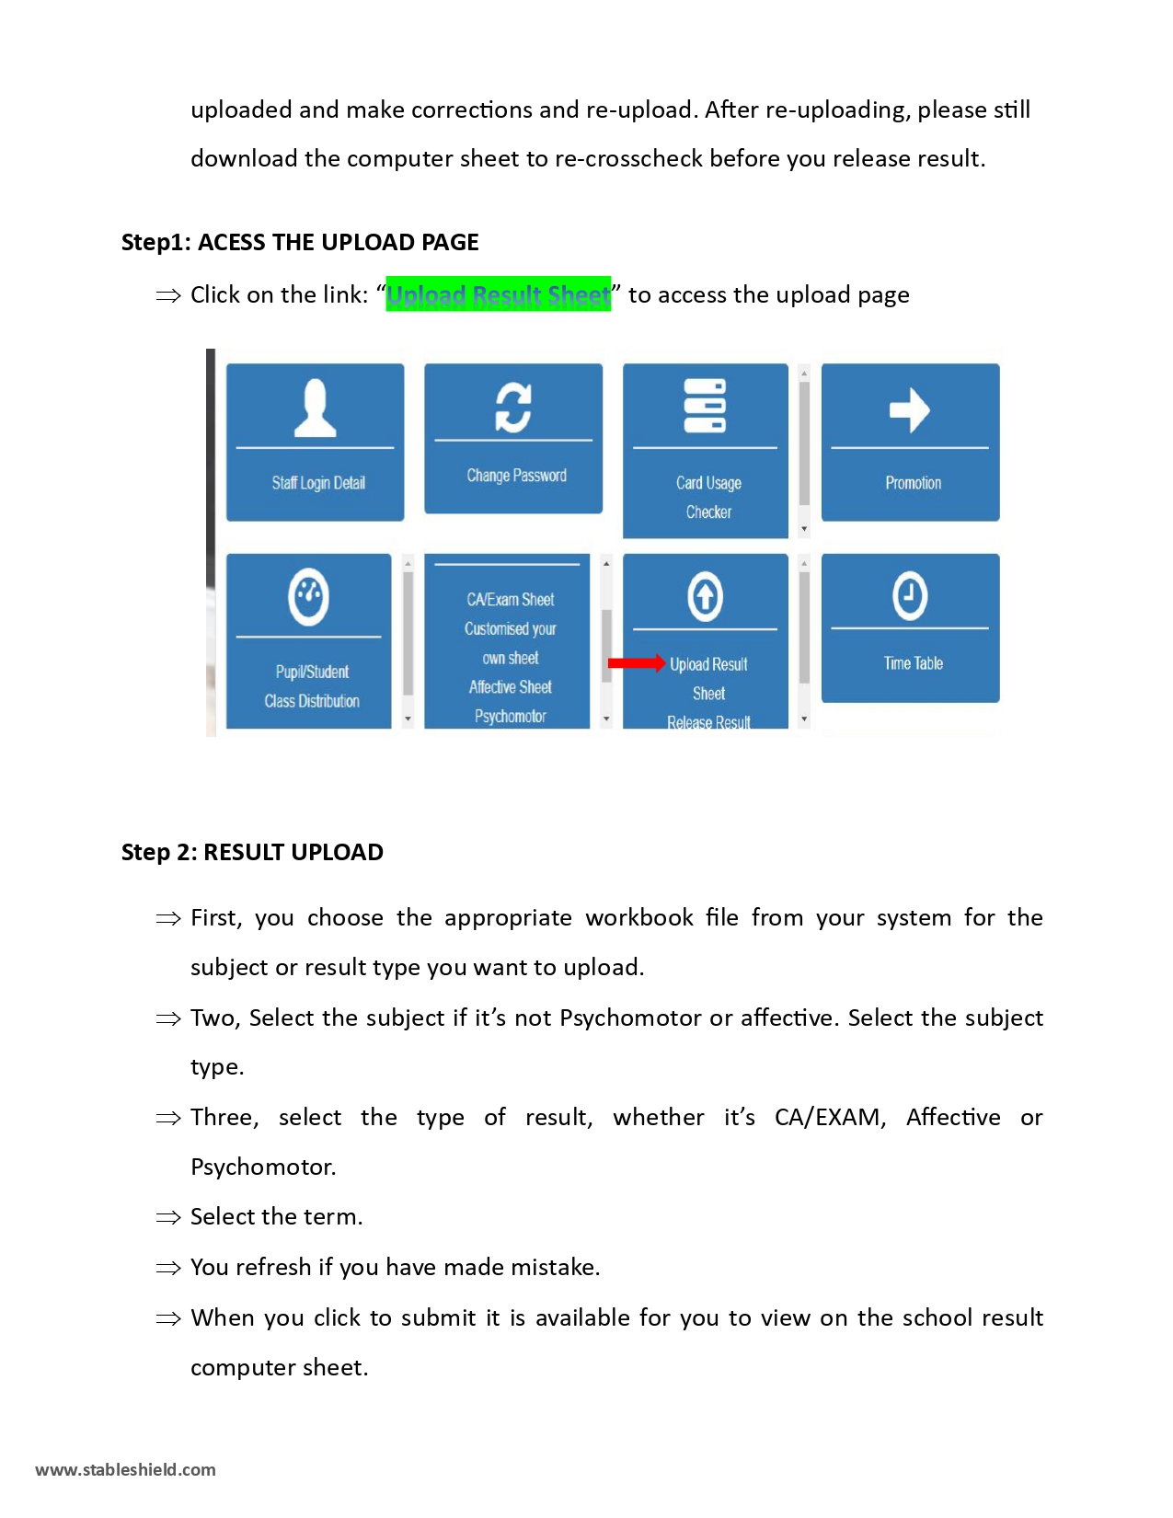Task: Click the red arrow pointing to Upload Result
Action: (x=636, y=663)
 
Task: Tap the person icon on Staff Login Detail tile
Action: (x=315, y=408)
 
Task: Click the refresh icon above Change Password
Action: (x=513, y=407)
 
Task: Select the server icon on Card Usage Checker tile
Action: (x=705, y=406)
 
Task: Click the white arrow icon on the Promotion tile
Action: (x=909, y=409)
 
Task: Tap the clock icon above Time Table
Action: (x=909, y=595)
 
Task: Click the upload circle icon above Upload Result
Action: (x=705, y=596)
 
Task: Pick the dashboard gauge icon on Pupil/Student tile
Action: (x=308, y=597)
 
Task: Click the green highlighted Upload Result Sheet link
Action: (x=498, y=294)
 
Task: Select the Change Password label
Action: (x=516, y=476)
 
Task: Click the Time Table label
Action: (x=913, y=663)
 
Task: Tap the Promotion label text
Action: (x=913, y=483)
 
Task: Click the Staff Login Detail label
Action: (x=318, y=483)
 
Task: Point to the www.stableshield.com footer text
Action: (x=125, y=1469)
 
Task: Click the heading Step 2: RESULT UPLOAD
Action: (x=252, y=852)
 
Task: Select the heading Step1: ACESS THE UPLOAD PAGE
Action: (x=300, y=242)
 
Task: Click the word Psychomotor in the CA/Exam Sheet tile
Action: (x=510, y=716)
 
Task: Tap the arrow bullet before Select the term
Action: (x=168, y=1217)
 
